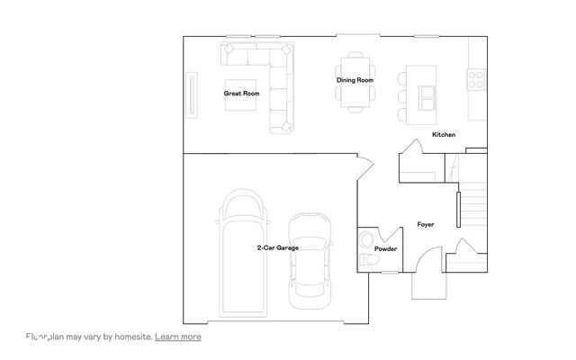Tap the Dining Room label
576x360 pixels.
355,81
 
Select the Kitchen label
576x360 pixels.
444,135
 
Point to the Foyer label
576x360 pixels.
426,224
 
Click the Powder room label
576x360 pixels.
386,248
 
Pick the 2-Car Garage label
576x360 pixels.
277,247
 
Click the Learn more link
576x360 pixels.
178,337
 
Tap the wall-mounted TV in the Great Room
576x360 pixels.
191,94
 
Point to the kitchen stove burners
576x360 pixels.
475,79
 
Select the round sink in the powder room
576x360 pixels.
364,239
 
